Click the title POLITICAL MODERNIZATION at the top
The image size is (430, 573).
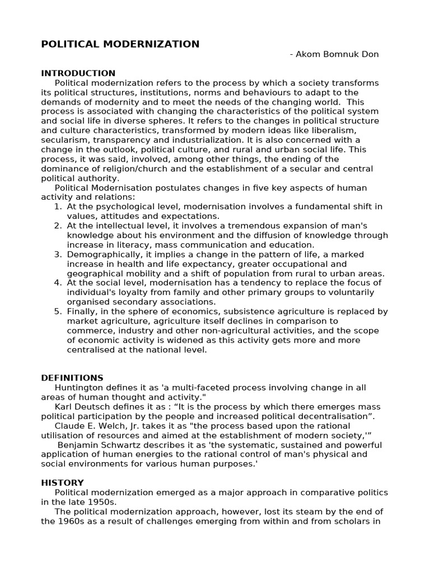[x=120, y=44]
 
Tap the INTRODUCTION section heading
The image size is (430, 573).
[x=78, y=73]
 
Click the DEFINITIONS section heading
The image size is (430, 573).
[x=72, y=378]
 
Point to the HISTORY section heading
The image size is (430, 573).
[x=63, y=482]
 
